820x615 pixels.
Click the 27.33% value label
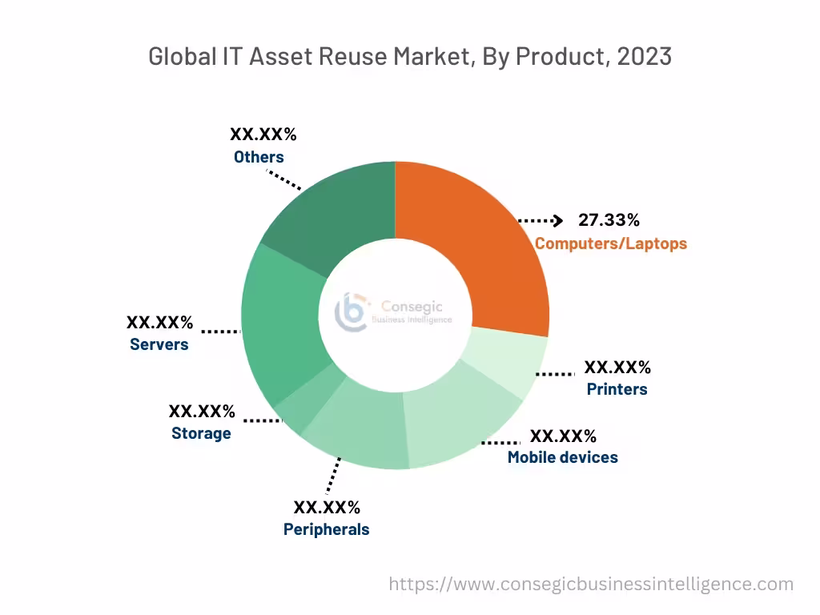coord(609,220)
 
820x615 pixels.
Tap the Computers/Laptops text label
coord(610,243)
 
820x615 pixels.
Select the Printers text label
coord(617,390)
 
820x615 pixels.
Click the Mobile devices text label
coord(562,457)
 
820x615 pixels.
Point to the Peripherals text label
coord(326,529)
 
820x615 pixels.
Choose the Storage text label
coord(201,433)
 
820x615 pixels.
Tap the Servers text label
coord(159,345)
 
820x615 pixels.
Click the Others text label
coord(259,157)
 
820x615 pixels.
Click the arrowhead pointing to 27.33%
coord(559,220)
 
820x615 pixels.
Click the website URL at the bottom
coord(591,585)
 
